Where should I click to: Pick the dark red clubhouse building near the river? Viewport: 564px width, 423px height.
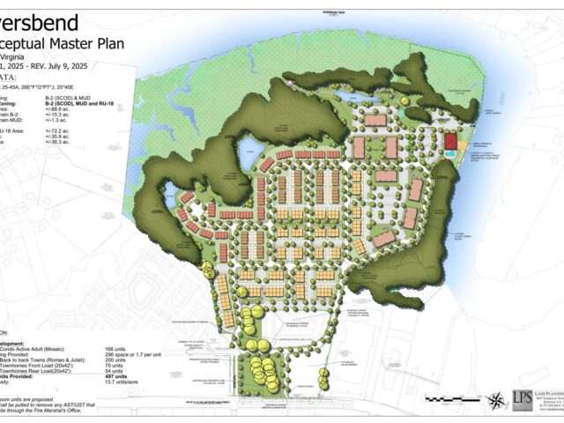point(449,141)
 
